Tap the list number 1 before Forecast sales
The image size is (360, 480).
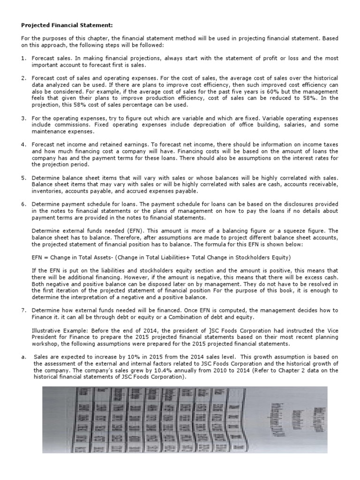(22, 58)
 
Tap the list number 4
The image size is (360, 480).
(22, 144)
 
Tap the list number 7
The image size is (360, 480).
(22, 311)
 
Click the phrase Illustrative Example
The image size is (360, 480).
(55, 330)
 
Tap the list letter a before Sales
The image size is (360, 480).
(22, 357)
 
